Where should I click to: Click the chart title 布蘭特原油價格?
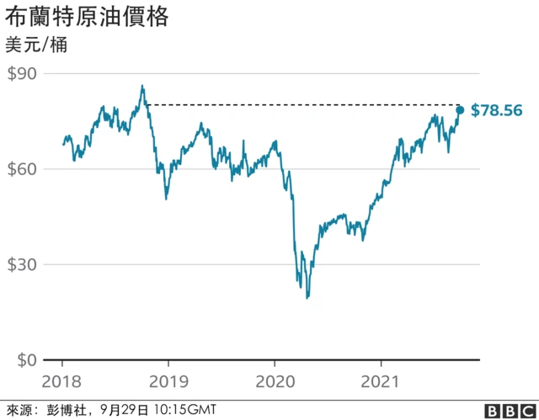coord(87,17)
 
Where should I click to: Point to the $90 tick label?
coord(23,74)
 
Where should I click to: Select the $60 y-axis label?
coord(23,169)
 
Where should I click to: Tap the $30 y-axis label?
coord(23,264)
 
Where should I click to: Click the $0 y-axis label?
coord(27,360)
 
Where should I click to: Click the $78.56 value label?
coord(497,110)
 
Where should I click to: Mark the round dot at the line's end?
coord(460,110)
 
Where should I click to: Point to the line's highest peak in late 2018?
coord(142,85)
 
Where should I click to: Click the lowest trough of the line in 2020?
coord(307,297)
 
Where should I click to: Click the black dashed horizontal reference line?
coord(303,105)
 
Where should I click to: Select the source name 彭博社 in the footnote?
coord(73,410)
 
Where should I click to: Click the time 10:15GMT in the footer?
coord(180,410)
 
